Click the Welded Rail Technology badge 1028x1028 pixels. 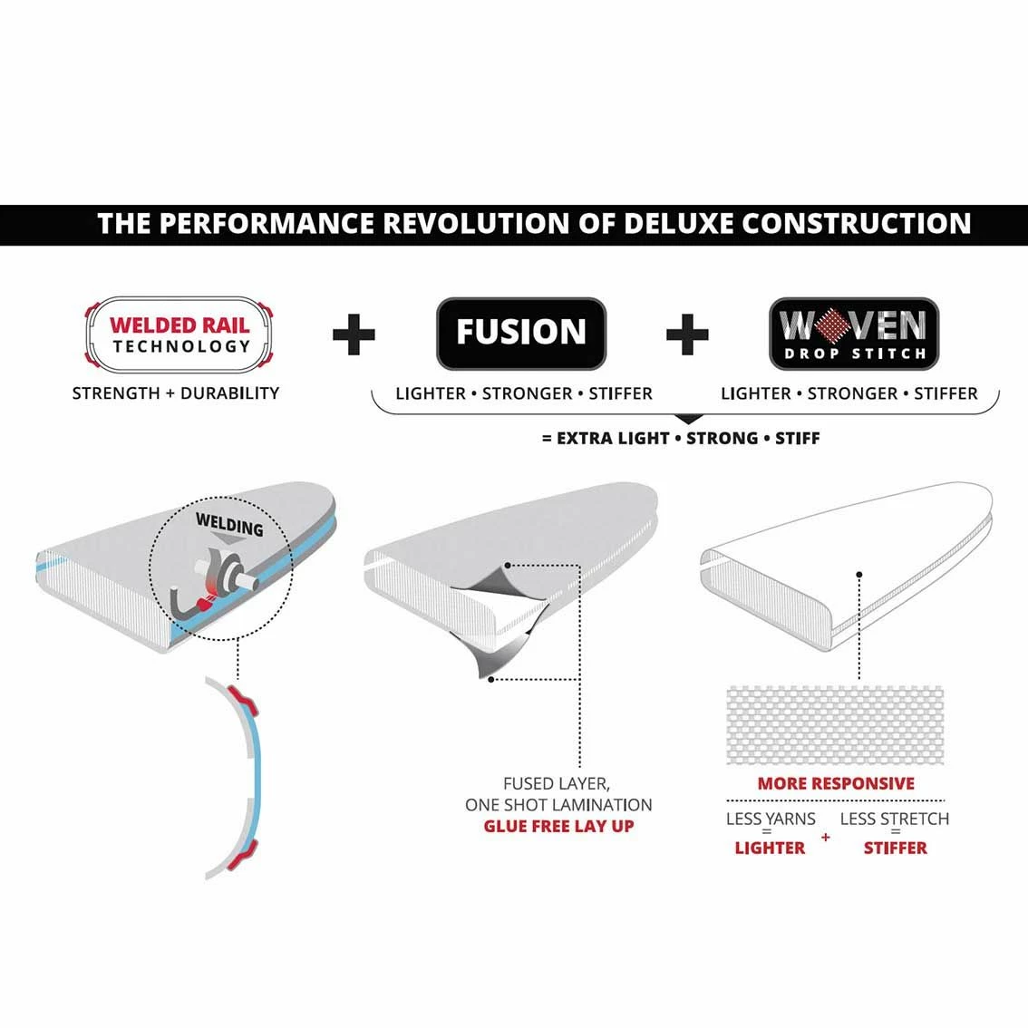(179, 335)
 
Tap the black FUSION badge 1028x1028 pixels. (521, 333)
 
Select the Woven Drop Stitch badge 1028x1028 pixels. (854, 334)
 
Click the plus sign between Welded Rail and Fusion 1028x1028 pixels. (354, 335)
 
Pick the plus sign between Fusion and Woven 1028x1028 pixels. (687, 335)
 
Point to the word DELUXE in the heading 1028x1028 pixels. (679, 224)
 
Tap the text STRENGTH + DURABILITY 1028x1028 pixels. (176, 393)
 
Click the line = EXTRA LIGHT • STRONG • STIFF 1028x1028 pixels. (681, 438)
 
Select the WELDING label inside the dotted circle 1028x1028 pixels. (229, 525)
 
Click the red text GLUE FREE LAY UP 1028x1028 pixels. (558, 826)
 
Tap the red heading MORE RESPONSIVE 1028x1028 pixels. (836, 783)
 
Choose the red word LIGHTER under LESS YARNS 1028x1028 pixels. (770, 848)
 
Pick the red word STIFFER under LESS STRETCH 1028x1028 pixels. (896, 848)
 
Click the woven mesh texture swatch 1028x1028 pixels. (835, 725)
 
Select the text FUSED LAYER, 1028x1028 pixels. (557, 783)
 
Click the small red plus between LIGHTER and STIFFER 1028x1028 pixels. (826, 838)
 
